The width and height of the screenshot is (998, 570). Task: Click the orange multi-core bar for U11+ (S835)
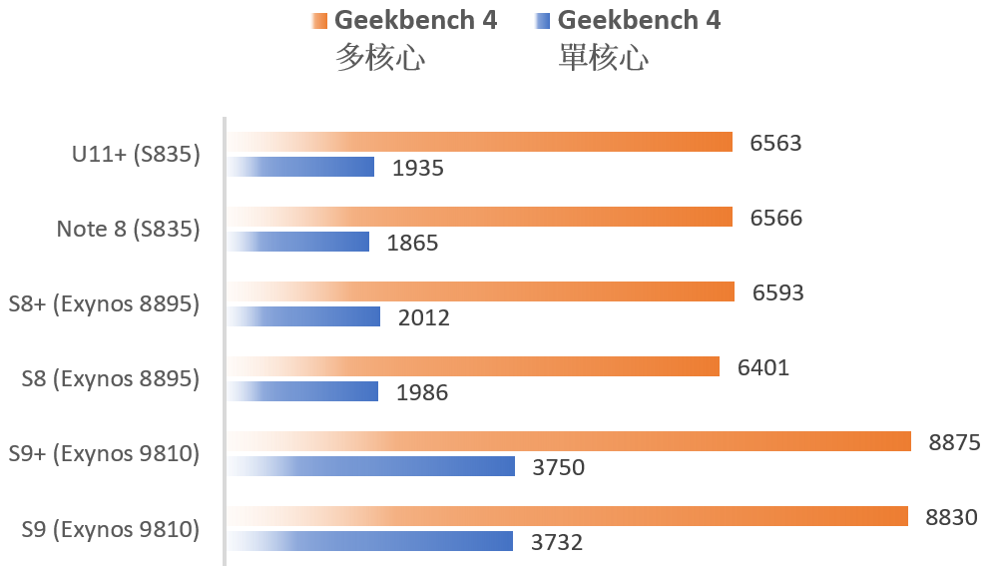click(479, 143)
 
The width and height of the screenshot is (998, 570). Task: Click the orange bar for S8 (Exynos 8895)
click(473, 367)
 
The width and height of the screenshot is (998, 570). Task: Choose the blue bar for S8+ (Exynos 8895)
click(303, 317)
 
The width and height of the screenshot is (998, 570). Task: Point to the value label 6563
click(775, 143)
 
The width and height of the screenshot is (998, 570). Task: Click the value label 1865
click(412, 243)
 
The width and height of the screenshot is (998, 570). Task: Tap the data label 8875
click(955, 442)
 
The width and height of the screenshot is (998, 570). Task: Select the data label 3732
click(556, 543)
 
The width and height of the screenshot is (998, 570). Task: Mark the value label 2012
click(424, 318)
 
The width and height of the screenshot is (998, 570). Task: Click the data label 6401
click(763, 367)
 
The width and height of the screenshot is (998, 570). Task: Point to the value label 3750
click(558, 467)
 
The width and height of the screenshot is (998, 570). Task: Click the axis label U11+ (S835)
click(136, 155)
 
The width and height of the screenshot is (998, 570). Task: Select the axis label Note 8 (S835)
click(128, 230)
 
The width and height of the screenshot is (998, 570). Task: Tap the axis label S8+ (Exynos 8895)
click(104, 304)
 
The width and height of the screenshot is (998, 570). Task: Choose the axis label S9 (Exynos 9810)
click(111, 529)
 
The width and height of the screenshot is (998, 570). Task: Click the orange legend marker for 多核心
click(318, 20)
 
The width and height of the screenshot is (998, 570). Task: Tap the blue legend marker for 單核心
click(543, 20)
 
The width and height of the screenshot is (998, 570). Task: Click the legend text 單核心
click(603, 58)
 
